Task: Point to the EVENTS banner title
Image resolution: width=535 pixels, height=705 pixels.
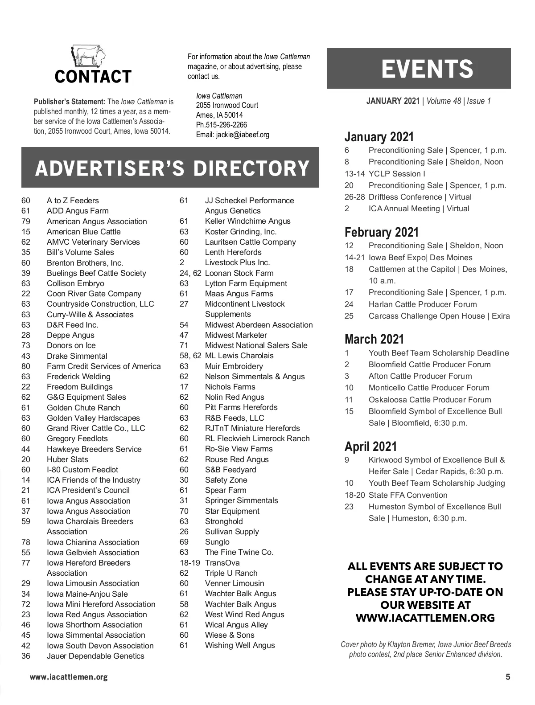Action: pyautogui.click(x=427, y=69)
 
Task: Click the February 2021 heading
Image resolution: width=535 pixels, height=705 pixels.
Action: pyautogui.click(x=382, y=232)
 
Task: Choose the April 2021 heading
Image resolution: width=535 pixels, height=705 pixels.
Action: pyautogui.click(x=370, y=447)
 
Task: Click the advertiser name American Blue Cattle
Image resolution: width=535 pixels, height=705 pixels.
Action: pyautogui.click(x=83, y=232)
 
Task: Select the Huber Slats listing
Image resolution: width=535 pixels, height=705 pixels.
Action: pyautogui.click(x=67, y=459)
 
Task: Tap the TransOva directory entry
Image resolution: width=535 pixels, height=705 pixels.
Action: pyautogui.click(x=222, y=563)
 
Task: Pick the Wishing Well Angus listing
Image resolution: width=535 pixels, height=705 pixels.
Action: pyautogui.click(x=240, y=645)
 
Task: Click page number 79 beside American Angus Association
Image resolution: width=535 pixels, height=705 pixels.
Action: pyautogui.click(x=26, y=221)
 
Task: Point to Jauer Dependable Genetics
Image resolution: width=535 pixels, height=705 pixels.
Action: pyautogui.click(x=95, y=656)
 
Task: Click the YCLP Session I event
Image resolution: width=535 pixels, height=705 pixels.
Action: pyautogui.click(x=397, y=174)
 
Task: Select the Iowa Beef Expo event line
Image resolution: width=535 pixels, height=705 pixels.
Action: pyautogui.click(x=420, y=258)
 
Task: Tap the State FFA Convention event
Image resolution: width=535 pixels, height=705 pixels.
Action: pyautogui.click(x=408, y=495)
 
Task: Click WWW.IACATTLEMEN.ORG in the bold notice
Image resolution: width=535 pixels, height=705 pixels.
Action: pyautogui.click(x=425, y=618)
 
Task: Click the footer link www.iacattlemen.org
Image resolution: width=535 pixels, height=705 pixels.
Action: pyautogui.click(x=69, y=677)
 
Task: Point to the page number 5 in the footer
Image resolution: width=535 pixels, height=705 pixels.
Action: pyautogui.click(x=508, y=677)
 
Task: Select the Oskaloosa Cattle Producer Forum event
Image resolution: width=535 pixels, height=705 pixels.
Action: pyautogui.click(x=430, y=400)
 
